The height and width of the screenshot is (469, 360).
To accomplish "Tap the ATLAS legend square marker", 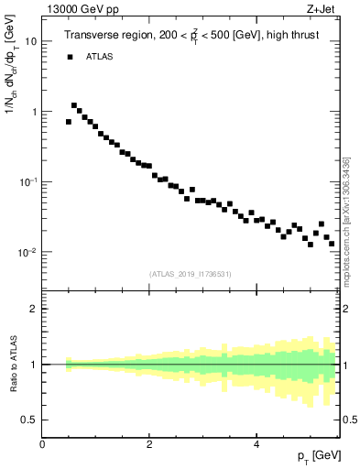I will click(70, 57).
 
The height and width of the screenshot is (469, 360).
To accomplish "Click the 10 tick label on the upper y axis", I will click(31, 42).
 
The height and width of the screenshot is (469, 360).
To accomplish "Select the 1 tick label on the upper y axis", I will click(34, 112).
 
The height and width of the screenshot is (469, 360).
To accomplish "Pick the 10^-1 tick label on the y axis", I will click(28, 181).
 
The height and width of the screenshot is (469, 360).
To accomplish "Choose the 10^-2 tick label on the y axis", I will click(28, 252).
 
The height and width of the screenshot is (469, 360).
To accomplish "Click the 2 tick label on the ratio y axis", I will click(34, 309).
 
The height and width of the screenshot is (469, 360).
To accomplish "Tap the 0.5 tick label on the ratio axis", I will click(29, 420).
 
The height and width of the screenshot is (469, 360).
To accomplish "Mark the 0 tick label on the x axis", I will click(42, 443).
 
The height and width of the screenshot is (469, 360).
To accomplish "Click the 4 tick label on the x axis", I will click(256, 443).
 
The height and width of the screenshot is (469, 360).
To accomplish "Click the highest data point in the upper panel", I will click(74, 105).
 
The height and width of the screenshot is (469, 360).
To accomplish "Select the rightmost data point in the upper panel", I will click(332, 244).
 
